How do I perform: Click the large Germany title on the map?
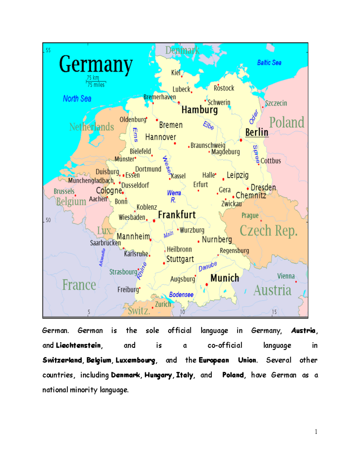[96, 64]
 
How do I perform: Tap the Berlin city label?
[256, 132]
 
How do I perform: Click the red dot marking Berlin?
[241, 140]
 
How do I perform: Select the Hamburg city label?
[199, 110]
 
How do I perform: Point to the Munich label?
[225, 278]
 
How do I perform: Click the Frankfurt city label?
[177, 215]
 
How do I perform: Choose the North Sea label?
[77, 99]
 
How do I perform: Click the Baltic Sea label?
[269, 63]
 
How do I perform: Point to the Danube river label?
[208, 266]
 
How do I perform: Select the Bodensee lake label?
[181, 295]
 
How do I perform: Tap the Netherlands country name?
[91, 127]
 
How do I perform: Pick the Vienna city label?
[286, 276]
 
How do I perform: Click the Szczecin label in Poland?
[276, 103]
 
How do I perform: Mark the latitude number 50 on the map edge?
[48, 220]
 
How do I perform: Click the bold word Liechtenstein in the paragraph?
[78, 345]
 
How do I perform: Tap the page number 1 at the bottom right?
[316, 432]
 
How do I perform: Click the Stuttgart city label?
[180, 259]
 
